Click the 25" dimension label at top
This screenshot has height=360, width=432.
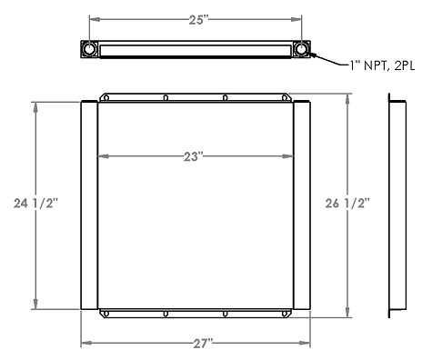coord(196,18)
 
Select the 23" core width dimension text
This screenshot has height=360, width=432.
coord(193,156)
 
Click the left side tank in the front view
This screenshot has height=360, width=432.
coord(89,205)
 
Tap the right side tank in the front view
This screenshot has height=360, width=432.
coord(303,205)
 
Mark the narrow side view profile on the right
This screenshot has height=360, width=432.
coord(397,205)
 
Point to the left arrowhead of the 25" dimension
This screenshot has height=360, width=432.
coord(93,18)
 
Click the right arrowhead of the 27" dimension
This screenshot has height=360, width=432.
coord(308,343)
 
